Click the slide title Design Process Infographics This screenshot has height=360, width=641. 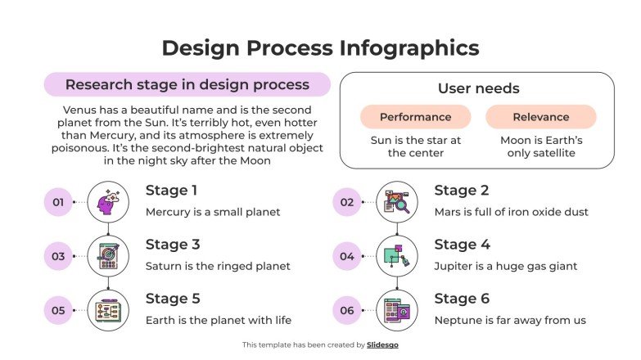click(320, 47)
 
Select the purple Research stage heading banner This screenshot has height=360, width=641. click(187, 84)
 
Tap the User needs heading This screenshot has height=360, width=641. click(478, 88)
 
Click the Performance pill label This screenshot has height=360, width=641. click(415, 117)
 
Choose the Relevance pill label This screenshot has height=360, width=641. click(540, 117)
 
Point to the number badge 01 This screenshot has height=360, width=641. click(58, 201)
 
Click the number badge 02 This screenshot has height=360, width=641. click(347, 201)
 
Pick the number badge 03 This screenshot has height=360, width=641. click(58, 256)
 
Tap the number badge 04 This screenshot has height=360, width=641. click(347, 256)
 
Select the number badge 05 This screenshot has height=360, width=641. click(58, 310)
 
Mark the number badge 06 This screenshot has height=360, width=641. click(347, 310)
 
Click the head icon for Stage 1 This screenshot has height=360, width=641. click(108, 201)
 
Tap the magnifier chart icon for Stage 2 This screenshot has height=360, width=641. click(397, 201)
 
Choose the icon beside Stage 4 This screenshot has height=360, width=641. click(397, 256)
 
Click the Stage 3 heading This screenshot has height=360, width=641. click(173, 245)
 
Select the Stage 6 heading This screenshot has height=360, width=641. click(462, 299)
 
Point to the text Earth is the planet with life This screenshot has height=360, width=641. click(219, 320)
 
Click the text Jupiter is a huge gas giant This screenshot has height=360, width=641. click(506, 266)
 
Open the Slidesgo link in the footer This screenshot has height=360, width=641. click(382, 345)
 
